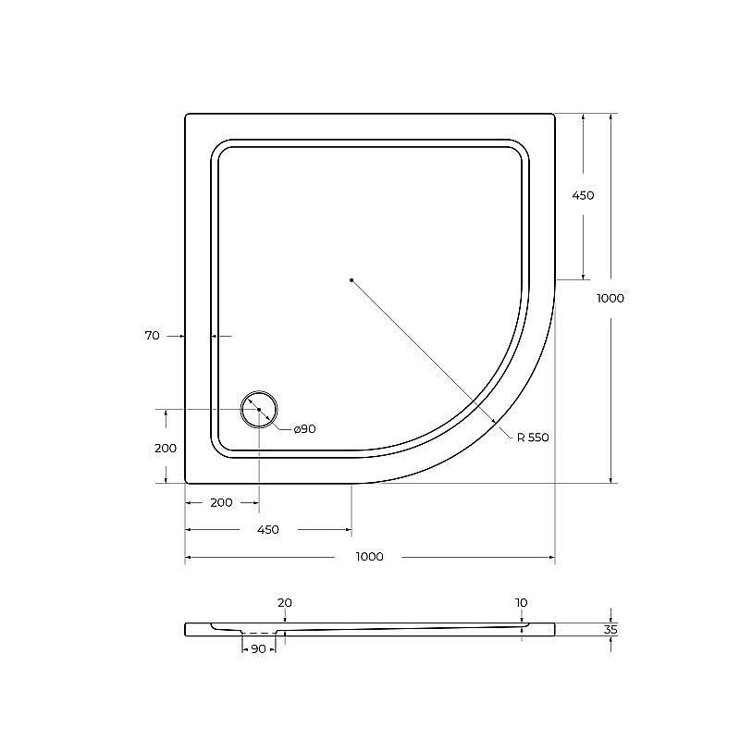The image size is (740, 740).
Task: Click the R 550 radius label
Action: pyautogui.click(x=534, y=438)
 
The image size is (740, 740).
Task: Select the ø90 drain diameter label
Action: pyautogui.click(x=305, y=429)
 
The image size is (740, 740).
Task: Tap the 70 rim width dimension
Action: pyautogui.click(x=153, y=336)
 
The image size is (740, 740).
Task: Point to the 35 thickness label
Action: pyautogui.click(x=610, y=630)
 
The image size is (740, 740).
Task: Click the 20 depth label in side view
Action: pyautogui.click(x=285, y=603)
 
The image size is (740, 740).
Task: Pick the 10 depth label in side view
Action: pyautogui.click(x=522, y=603)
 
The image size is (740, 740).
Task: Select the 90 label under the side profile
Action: pyautogui.click(x=258, y=649)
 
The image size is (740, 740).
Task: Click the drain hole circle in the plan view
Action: pyautogui.click(x=259, y=409)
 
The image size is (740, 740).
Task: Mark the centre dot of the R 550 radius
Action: pyautogui.click(x=351, y=279)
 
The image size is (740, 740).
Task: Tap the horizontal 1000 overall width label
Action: pyautogui.click(x=369, y=557)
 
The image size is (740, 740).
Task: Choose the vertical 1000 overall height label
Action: pyautogui.click(x=610, y=298)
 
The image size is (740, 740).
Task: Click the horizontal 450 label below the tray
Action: pyautogui.click(x=267, y=530)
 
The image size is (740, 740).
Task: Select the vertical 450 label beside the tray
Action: pyautogui.click(x=583, y=195)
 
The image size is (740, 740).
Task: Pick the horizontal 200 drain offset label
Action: pyautogui.click(x=221, y=502)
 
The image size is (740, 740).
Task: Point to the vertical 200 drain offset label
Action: pyautogui.click(x=166, y=448)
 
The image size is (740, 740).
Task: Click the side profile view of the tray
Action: pyautogui.click(x=370, y=629)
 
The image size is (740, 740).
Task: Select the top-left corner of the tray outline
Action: pyautogui.click(x=187, y=115)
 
